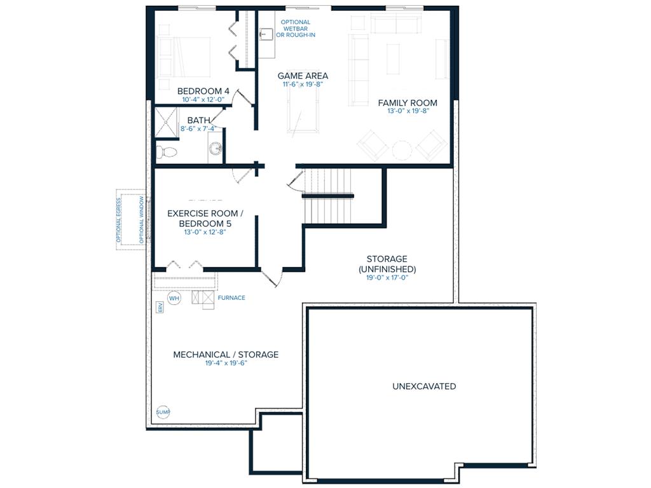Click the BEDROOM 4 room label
(x=203, y=91)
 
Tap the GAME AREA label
(x=303, y=76)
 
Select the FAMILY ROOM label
(x=408, y=102)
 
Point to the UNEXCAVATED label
(x=424, y=386)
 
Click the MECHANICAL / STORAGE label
(x=226, y=355)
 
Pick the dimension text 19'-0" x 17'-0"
(x=387, y=277)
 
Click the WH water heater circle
(x=174, y=298)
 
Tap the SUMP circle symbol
(x=163, y=412)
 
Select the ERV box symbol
(x=160, y=308)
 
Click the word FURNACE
(x=231, y=297)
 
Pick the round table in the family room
(x=402, y=150)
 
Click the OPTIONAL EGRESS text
(x=119, y=220)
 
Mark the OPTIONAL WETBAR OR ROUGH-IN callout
(x=296, y=28)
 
